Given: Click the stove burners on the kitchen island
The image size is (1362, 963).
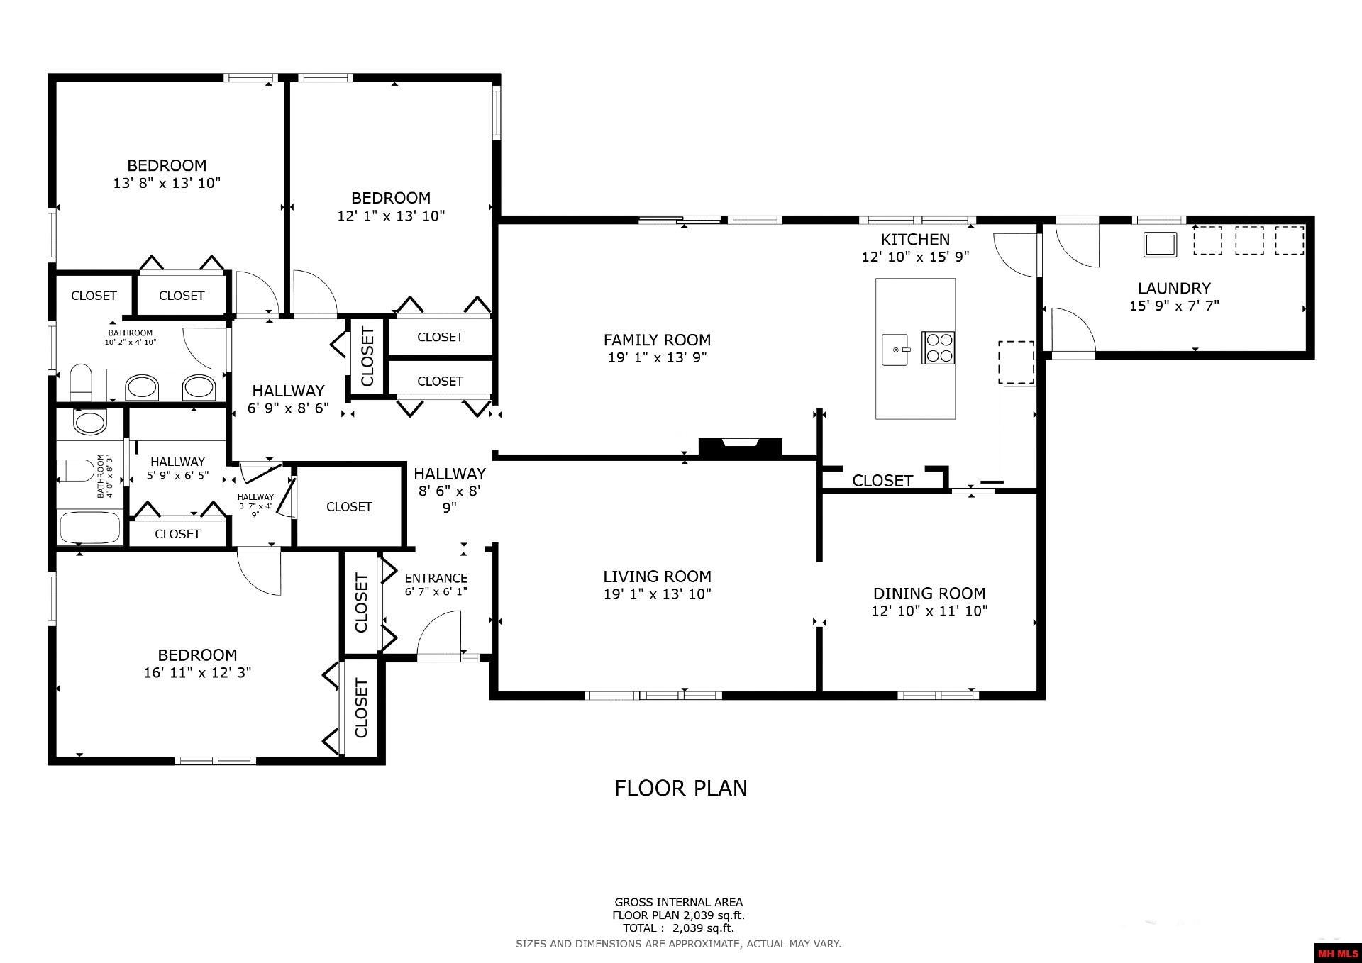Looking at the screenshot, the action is click(938, 347).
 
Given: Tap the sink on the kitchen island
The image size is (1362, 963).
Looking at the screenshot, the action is click(896, 350).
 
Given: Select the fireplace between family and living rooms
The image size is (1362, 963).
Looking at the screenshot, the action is click(740, 447).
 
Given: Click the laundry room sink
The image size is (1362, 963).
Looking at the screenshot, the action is click(1160, 244).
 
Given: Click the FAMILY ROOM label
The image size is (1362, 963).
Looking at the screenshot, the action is click(657, 340).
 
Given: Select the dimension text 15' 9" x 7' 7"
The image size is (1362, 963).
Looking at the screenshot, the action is click(1174, 306).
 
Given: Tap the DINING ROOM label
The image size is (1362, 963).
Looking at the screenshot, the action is click(929, 594).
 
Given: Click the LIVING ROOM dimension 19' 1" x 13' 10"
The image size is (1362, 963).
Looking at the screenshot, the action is click(657, 594).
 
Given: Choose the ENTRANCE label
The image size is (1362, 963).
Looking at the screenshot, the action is click(436, 578).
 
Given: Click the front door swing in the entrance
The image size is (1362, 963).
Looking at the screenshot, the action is click(439, 635).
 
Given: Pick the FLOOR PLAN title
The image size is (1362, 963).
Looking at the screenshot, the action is click(681, 788).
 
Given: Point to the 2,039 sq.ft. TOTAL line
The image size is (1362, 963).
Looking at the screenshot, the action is click(678, 928).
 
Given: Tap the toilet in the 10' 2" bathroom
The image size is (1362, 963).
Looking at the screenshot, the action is click(81, 382).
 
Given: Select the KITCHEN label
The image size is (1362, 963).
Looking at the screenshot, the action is click(915, 240).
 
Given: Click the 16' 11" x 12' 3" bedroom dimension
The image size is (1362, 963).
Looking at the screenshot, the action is click(197, 672).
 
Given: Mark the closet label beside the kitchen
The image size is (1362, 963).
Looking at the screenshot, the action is click(882, 481).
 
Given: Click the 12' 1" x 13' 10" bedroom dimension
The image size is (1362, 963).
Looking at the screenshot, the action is click(391, 216).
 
